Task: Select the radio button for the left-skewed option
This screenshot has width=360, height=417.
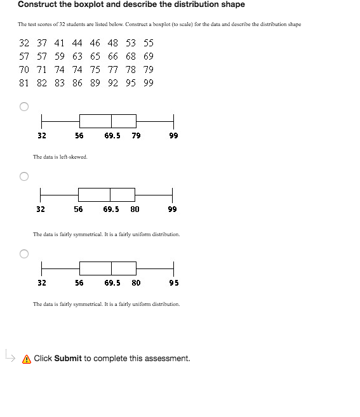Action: click(x=23, y=107)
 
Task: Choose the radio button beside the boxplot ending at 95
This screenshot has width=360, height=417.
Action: click(x=23, y=254)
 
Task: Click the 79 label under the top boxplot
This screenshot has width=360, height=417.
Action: click(x=137, y=135)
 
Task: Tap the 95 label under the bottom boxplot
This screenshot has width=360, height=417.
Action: click(x=174, y=282)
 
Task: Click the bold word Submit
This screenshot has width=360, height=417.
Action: click(x=68, y=359)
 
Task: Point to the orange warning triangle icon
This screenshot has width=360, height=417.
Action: click(x=27, y=359)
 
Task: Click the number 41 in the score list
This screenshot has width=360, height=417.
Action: click(x=59, y=43)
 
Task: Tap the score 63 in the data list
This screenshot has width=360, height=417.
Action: click(x=77, y=56)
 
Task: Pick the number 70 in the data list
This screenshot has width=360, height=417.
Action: click(x=24, y=69)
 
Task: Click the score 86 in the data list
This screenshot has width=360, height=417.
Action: click(x=77, y=83)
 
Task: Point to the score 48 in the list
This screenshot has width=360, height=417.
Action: click(x=112, y=43)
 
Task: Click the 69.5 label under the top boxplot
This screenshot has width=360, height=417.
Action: click(x=112, y=135)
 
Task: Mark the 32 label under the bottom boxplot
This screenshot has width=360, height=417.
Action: click(x=41, y=282)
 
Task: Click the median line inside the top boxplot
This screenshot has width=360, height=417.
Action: click(x=111, y=121)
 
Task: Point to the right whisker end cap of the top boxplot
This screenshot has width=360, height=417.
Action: click(x=173, y=121)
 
